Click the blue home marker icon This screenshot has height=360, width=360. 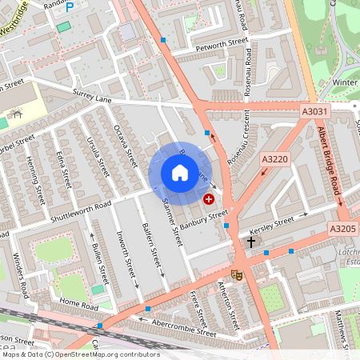179,173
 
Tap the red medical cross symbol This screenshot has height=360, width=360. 210,198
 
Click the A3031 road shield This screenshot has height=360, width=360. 314,114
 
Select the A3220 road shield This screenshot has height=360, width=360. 274,160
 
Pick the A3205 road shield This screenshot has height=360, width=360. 343,229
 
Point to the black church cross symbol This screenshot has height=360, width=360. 251,242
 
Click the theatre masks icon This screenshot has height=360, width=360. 236,274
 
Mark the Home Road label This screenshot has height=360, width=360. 78,305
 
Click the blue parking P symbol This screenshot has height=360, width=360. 70,6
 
